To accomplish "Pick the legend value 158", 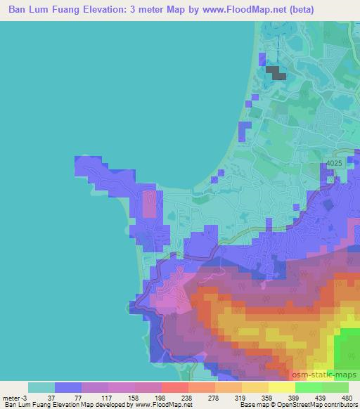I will tap(124, 397).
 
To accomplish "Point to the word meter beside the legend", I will tap(11, 397).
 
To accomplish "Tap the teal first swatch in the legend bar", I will tap(41, 387).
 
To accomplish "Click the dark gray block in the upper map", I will tap(276, 73).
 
